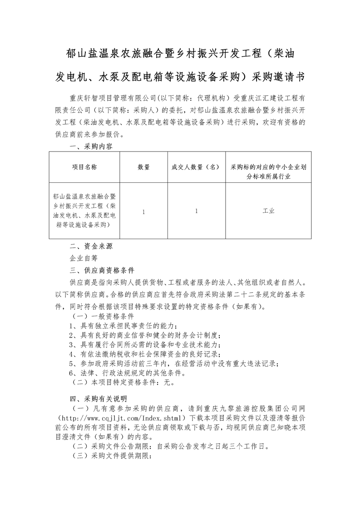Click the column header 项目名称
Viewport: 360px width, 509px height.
click(84, 167)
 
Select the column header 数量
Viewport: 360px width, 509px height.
click(143, 167)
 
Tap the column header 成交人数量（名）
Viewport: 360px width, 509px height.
click(196, 167)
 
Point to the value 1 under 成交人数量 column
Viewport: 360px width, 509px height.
click(196, 211)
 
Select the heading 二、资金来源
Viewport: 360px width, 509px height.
click(91, 247)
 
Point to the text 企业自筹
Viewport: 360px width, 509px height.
click(84, 259)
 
